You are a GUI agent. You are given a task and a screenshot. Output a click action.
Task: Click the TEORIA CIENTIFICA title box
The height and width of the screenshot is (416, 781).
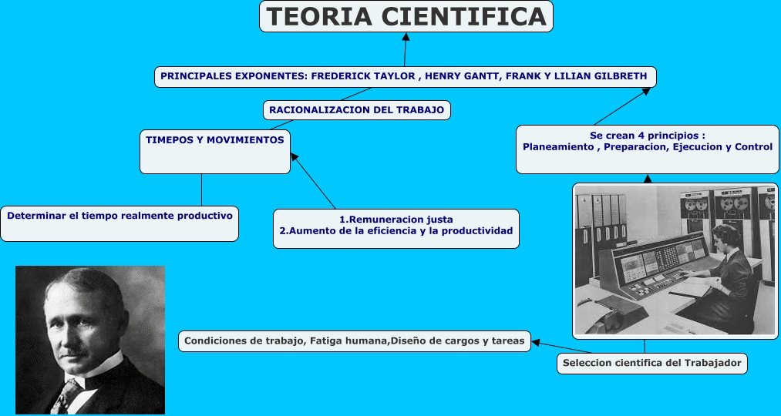pos(406,16)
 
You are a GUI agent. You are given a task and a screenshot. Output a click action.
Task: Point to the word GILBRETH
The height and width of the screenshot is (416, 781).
pos(621,76)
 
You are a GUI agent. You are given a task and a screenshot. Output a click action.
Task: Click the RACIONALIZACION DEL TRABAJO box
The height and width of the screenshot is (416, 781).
pos(356,110)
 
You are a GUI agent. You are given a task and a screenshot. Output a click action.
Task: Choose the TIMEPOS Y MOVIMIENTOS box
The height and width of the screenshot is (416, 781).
pos(215,140)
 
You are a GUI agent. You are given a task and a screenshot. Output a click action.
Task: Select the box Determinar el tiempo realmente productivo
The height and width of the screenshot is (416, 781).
pos(120,216)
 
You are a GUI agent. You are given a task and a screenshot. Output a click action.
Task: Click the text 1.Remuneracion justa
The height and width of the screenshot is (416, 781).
pos(396,219)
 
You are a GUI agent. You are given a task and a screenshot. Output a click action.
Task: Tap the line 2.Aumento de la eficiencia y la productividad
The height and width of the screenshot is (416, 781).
pos(396,231)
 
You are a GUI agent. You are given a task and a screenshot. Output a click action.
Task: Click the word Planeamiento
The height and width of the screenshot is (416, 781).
pos(557,146)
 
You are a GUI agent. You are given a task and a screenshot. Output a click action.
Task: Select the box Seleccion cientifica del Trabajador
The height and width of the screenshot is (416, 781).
pos(651,363)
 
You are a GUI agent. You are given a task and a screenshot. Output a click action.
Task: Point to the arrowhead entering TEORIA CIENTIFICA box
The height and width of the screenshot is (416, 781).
pos(406,36)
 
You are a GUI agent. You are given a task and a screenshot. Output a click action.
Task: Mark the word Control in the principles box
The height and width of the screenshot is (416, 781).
pos(754,146)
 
